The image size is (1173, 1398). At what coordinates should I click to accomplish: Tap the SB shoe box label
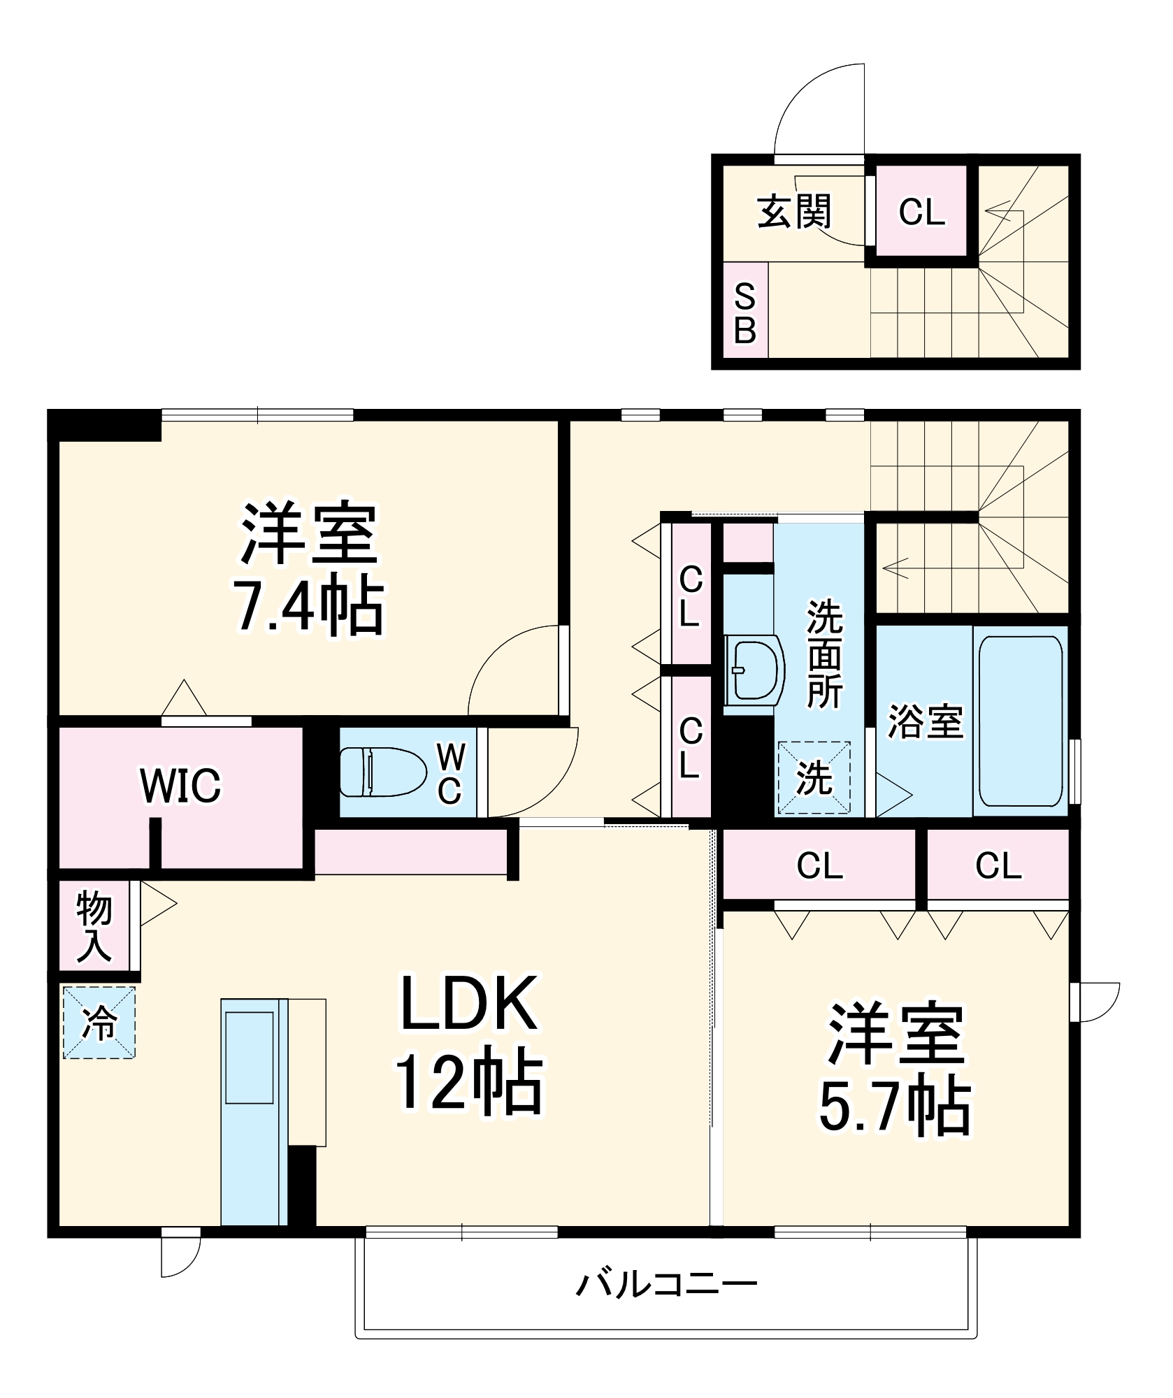745,312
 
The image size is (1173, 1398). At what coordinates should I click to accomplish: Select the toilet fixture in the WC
382,771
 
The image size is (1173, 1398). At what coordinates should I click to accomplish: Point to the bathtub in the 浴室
1021,721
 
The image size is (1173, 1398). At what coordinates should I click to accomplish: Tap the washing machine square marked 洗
814,777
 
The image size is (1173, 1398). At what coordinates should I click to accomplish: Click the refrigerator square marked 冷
99,1022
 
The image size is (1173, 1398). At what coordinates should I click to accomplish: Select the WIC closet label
180,786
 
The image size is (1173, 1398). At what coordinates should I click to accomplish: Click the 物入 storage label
94,926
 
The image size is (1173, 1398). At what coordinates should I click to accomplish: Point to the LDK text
470,1004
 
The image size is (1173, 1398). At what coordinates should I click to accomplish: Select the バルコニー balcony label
667,1285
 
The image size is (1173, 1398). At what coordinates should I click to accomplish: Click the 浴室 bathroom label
926,721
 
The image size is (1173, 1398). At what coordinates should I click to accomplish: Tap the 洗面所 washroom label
825,654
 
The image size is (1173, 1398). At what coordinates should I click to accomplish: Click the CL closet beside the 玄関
921,211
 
